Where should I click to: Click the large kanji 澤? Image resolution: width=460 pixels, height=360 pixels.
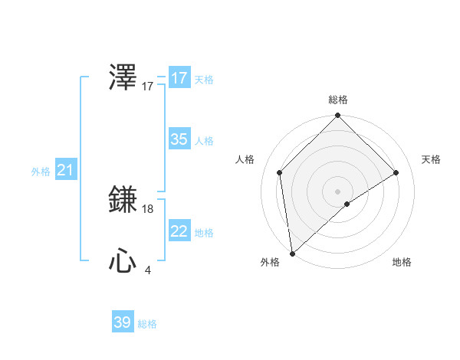coord(123,78)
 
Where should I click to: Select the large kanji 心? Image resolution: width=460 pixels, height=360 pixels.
coord(123,262)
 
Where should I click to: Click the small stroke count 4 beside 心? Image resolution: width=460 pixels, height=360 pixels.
coord(148,270)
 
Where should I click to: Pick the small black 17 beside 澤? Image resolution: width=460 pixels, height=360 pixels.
coord(148,87)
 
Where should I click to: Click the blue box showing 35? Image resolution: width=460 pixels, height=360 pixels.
coord(179,139)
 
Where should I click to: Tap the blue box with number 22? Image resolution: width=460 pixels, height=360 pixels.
coord(179,231)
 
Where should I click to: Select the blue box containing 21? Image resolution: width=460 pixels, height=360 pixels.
coord(65,170)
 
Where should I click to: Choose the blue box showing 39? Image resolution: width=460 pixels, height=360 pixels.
coord(123,322)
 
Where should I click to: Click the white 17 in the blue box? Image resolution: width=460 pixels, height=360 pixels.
coord(179,78)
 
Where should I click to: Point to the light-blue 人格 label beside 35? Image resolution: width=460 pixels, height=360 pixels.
coord(204,141)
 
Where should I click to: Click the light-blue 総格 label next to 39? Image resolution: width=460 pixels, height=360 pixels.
coord(147,325)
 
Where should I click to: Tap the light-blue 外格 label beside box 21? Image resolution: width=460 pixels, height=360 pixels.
coord(41,172)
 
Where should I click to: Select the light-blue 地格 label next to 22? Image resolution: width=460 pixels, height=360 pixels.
coord(204,233)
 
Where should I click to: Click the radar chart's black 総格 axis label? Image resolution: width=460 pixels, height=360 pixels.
coord(338,100)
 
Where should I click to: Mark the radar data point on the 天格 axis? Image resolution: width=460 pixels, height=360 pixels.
coord(396,172)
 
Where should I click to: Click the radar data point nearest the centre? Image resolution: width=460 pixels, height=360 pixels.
coord(347,204)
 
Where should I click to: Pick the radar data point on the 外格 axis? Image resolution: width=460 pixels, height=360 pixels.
coord(291,254)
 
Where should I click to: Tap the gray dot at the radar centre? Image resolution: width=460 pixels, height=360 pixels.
coord(338,191)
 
